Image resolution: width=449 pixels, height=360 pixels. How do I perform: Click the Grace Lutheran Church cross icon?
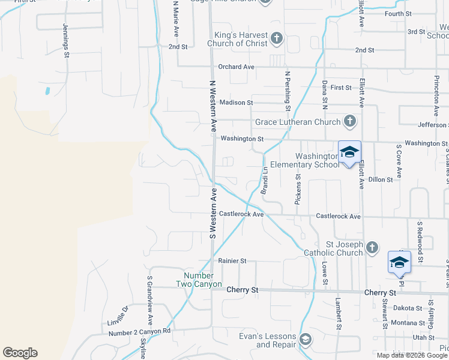(350, 122)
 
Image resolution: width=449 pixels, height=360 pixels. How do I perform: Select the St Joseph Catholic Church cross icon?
(372, 247)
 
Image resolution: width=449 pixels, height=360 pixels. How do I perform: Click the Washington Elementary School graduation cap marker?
(349, 152)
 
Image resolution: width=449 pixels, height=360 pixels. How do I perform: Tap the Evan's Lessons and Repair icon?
(306, 340)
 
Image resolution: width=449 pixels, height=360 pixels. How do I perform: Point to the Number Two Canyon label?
(199, 280)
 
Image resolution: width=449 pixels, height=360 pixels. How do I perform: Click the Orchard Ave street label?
(237, 67)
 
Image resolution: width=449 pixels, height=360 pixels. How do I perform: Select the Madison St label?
(234, 103)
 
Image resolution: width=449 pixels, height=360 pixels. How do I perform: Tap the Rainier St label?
(232, 261)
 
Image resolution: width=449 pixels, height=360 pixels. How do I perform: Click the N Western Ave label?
(212, 106)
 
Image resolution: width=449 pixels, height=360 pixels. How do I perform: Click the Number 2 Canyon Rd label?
(139, 331)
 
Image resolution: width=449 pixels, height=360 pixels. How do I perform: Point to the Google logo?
(20, 353)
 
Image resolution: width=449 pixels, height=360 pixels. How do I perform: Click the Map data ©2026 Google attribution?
(412, 355)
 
